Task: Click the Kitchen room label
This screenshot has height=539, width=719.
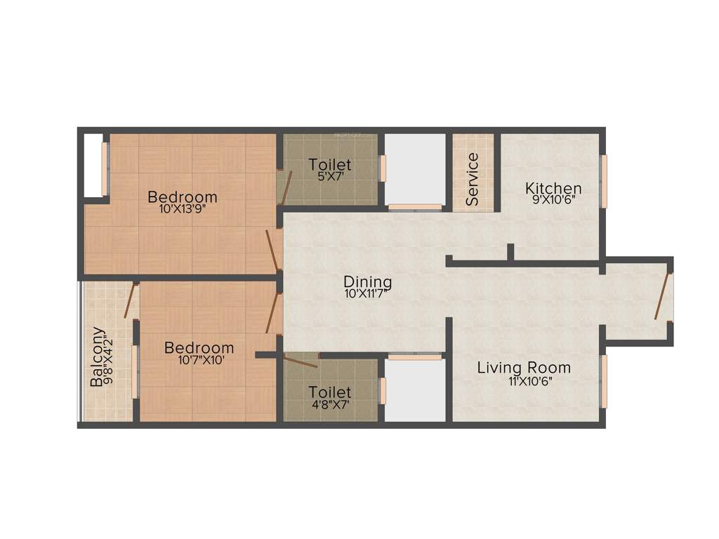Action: [553, 188]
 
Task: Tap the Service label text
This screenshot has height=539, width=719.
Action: [473, 169]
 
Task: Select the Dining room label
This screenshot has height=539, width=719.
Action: [368, 283]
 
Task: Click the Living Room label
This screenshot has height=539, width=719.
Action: [524, 368]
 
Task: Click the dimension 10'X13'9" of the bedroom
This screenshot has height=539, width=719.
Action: [182, 208]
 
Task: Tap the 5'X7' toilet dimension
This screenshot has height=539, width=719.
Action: [329, 177]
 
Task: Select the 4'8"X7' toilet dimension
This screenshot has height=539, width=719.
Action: [330, 404]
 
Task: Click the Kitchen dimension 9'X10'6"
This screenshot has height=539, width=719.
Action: [553, 199]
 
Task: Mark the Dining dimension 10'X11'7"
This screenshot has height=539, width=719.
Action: [368, 294]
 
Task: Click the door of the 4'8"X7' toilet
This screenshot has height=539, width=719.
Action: [301, 362]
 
